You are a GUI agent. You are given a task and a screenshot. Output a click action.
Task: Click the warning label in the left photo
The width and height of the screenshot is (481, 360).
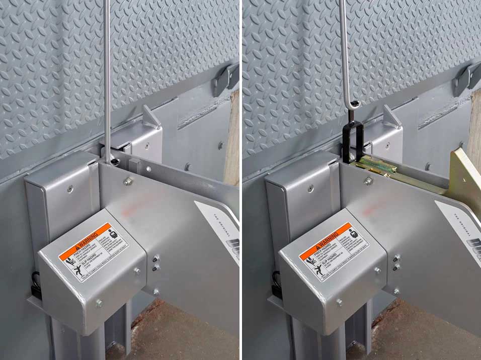pyautogui.click(x=93, y=251)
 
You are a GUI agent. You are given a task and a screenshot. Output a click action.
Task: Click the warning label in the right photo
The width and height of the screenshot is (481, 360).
pyautogui.click(x=334, y=251)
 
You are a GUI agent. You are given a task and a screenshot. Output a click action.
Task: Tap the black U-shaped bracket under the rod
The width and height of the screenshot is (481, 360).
pyautogui.click(x=354, y=141)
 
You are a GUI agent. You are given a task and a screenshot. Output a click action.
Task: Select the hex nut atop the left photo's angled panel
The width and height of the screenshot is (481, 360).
pyautogui.click(x=129, y=181)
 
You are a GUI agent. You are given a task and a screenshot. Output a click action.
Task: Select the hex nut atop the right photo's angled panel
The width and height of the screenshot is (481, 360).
pyautogui.click(x=369, y=181)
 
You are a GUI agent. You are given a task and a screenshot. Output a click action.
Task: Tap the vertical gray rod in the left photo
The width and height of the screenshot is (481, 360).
pyautogui.click(x=107, y=75)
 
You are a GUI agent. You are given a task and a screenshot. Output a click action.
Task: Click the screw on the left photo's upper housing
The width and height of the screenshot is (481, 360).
pyautogui.click(x=70, y=190)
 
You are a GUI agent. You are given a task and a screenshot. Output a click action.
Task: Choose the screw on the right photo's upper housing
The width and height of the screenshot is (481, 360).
pyautogui.click(x=311, y=189)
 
